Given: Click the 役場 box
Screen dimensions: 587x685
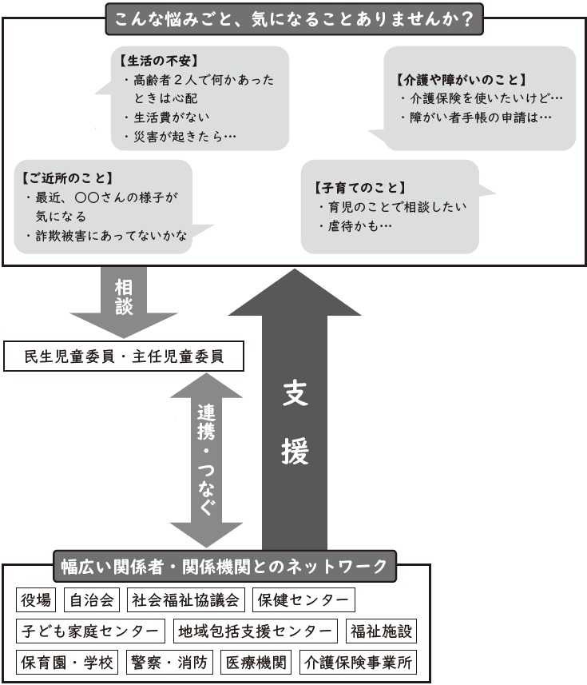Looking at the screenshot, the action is [x=36, y=599].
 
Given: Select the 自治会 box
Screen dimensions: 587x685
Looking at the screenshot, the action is [x=92, y=599].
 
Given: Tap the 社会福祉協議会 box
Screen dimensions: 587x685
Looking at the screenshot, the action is [x=186, y=599].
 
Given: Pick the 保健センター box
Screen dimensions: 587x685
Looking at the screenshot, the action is [x=303, y=599].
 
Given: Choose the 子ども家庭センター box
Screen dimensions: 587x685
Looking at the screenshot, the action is [x=90, y=631].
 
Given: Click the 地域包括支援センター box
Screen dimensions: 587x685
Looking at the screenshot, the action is [x=256, y=631].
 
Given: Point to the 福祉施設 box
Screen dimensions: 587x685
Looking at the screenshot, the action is [x=381, y=631].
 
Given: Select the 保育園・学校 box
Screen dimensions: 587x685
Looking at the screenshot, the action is [x=67, y=663].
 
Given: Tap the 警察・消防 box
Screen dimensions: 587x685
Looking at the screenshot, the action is [x=169, y=663].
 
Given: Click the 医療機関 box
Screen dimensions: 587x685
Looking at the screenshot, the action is [x=256, y=663].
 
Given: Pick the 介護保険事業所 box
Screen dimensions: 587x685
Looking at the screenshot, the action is [x=359, y=663].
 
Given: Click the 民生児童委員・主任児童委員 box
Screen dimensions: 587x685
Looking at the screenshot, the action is [x=124, y=356].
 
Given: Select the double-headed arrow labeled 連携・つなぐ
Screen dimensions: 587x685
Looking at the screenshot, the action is [x=206, y=460].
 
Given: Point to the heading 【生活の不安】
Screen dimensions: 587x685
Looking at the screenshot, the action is [x=159, y=61].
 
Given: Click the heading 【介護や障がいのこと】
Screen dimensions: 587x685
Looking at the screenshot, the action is [x=462, y=79].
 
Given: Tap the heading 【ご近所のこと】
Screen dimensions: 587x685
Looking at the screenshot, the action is [x=68, y=177].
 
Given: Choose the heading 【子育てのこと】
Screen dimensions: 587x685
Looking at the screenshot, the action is [x=360, y=188].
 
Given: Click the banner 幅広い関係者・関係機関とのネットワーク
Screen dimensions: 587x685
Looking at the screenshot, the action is [x=224, y=566].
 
